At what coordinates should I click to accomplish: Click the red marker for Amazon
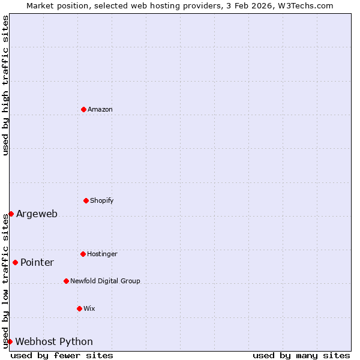pyautogui.click(x=83, y=109)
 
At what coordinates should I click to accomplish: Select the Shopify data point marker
pyautogui.click(x=86, y=200)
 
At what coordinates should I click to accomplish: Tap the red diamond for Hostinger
pyautogui.click(x=83, y=254)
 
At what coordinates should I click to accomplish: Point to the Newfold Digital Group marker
pyautogui.click(x=66, y=281)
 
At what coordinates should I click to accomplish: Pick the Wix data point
pyautogui.click(x=79, y=308)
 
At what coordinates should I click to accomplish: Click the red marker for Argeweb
pyautogui.click(x=11, y=214)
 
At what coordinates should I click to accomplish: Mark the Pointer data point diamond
pyautogui.click(x=15, y=262)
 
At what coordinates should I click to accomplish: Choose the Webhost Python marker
pyautogui.click(x=10, y=341)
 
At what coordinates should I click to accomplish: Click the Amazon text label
pyautogui.click(x=100, y=109)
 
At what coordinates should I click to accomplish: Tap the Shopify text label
pyautogui.click(x=102, y=200)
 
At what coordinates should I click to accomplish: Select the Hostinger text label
pyautogui.click(x=102, y=254)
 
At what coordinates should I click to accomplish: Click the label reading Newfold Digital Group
pyautogui.click(x=105, y=281)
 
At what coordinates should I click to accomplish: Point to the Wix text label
pyautogui.click(x=89, y=308)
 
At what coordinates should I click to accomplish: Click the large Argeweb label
pyautogui.click(x=37, y=214)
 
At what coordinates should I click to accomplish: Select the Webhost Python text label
pyautogui.click(x=54, y=342)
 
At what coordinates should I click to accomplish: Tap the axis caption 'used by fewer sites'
pyautogui.click(x=62, y=355)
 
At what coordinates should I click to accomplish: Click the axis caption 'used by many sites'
pyautogui.click(x=301, y=355)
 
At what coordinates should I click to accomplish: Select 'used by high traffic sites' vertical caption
pyautogui.click(x=5, y=85)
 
